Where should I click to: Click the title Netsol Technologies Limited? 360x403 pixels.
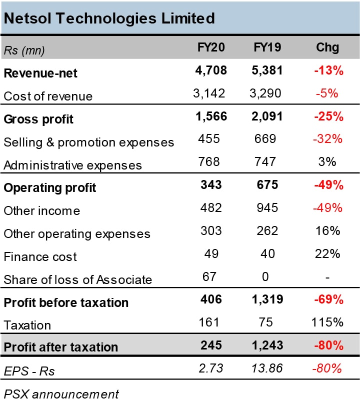click(109, 18)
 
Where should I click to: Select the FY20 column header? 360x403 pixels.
click(211, 47)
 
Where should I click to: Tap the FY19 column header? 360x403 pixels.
click(267, 47)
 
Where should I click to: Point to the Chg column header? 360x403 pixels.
click(328, 47)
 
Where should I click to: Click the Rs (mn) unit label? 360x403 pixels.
click(24, 49)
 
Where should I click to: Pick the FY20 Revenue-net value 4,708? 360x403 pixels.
click(211, 70)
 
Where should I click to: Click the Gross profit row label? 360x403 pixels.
click(38, 119)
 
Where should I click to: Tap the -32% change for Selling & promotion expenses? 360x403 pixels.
click(328, 139)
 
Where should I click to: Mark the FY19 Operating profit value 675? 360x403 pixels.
click(267, 185)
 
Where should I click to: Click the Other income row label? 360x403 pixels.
click(41, 211)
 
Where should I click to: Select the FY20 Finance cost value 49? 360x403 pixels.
click(211, 254)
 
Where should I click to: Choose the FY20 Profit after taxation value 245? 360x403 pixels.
click(211, 345)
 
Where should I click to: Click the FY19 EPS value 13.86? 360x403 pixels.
click(267, 369)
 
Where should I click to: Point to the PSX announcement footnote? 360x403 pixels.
click(61, 394)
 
